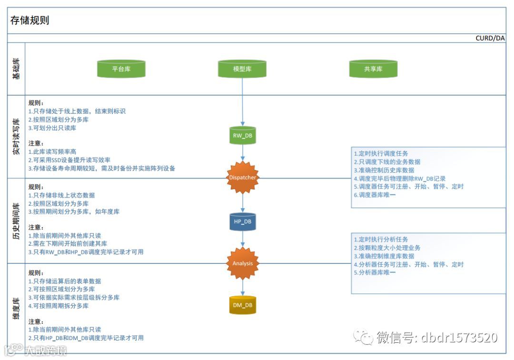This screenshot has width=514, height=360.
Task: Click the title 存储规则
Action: point(30,20)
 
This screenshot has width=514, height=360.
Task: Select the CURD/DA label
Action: point(490,39)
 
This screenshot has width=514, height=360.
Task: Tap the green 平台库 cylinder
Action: point(121,69)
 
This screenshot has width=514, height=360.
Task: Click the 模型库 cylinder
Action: point(242,69)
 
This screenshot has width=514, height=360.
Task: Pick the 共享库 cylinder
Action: point(373,69)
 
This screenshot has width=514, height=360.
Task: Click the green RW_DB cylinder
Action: point(242,136)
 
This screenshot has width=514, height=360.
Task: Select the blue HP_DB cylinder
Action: point(242,222)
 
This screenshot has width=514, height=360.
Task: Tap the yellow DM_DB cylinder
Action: point(242,305)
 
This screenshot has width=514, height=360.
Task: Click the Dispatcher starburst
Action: point(242,178)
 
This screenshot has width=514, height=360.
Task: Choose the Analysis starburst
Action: point(242,263)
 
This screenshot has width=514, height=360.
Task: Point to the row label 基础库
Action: point(17,69)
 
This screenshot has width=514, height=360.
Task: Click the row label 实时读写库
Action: point(17,137)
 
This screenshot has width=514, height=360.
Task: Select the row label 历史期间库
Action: point(17,220)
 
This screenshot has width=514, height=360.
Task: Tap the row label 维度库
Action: point(17,309)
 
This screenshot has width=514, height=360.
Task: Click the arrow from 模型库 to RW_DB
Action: point(242,102)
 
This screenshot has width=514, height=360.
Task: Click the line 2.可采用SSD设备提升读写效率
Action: point(69,160)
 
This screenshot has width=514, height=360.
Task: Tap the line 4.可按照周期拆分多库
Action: point(59,306)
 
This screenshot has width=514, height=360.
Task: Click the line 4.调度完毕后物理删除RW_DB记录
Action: point(400,179)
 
